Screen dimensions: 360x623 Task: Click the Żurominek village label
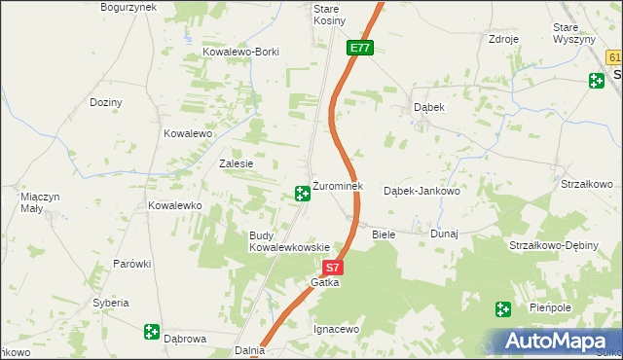tap(337, 186)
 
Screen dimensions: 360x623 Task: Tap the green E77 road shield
tap(360, 47)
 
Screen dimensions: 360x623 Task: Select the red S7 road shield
tap(333, 267)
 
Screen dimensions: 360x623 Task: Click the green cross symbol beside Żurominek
tap(303, 195)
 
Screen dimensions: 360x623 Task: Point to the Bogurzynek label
tap(128, 7)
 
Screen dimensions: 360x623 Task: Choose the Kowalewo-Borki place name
tap(240, 52)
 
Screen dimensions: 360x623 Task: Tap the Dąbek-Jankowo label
tap(421, 191)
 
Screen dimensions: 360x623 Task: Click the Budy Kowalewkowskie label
tap(290, 241)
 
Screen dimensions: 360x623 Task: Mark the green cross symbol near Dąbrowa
tap(152, 332)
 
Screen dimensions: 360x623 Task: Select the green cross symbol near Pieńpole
tap(502, 309)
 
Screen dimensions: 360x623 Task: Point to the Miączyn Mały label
tap(40, 201)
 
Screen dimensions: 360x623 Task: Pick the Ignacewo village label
tap(337, 329)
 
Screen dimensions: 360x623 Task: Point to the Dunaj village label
tap(444, 234)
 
